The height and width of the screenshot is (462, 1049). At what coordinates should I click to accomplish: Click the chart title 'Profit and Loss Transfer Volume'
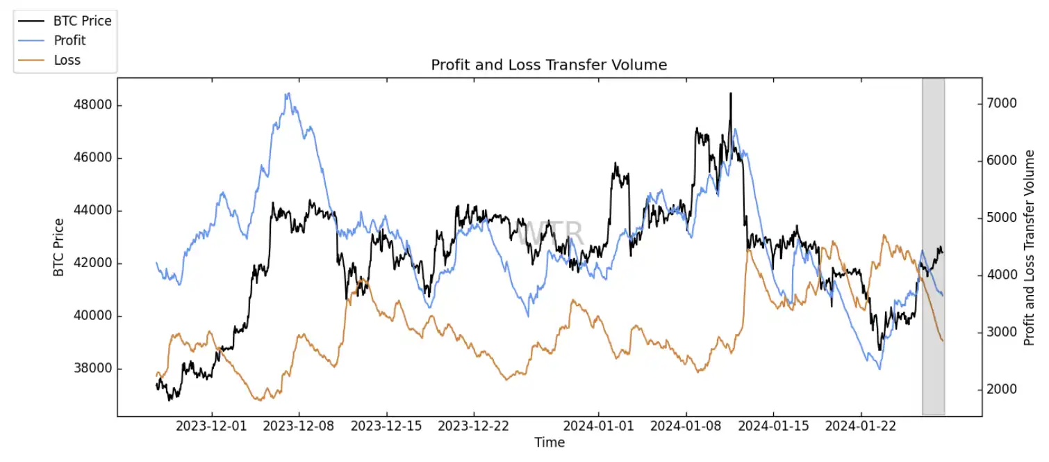click(549, 65)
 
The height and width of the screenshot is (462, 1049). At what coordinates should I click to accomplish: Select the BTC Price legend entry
click(82, 21)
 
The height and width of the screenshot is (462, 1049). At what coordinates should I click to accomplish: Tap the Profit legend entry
click(69, 40)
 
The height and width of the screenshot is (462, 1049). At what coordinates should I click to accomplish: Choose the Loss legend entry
click(67, 60)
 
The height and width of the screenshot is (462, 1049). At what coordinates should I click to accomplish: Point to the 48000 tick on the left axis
click(93, 106)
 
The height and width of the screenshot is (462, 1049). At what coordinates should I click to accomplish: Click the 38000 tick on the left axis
click(93, 369)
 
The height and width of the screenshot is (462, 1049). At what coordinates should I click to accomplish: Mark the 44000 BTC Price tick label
click(93, 211)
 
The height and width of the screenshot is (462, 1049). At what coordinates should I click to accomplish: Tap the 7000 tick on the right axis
click(1002, 104)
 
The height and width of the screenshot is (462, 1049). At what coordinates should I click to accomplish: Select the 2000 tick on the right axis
click(1002, 390)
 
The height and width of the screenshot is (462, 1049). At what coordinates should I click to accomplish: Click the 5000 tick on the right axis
click(1002, 218)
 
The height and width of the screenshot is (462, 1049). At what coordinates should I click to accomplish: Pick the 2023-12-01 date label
click(212, 427)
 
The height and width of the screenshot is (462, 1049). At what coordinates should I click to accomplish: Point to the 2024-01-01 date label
click(599, 427)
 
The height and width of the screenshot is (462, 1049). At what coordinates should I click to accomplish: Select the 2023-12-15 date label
click(386, 427)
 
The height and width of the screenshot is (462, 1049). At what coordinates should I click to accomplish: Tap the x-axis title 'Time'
click(550, 443)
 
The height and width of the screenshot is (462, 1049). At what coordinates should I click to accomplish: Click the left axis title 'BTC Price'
click(59, 247)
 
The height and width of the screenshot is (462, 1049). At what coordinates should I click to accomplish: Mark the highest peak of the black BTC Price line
click(731, 93)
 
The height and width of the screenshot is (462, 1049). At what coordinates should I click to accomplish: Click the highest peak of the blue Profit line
click(288, 94)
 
